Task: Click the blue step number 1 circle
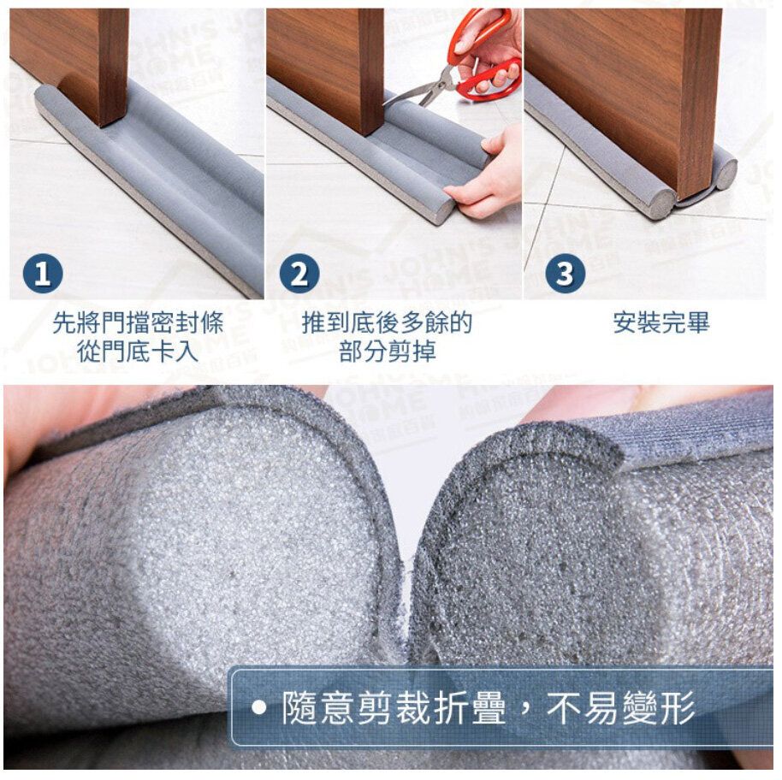pos(43,273)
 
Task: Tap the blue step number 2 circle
pos(299,273)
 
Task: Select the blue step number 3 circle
pos(565,273)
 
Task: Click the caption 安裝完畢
pos(661,322)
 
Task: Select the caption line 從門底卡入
pos(138,351)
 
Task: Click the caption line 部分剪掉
pos(388,351)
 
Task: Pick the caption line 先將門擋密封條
pos(138,322)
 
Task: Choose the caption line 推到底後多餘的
pos(387,322)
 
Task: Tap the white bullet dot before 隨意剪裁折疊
pos(258,708)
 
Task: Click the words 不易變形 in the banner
pos(621,708)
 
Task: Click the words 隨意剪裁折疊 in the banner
pos(394,708)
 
